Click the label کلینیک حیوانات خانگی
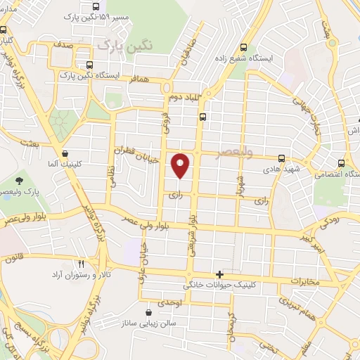219,285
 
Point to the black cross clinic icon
220,274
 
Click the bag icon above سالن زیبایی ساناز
148,311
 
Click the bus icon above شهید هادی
281,159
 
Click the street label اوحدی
169,302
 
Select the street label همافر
140,80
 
